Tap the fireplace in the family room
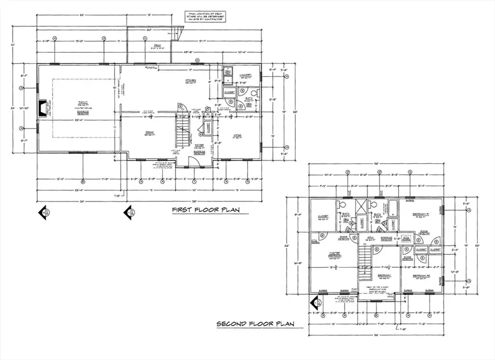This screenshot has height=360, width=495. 42,108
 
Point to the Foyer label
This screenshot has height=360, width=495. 198,145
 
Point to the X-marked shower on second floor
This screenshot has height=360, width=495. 363,207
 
